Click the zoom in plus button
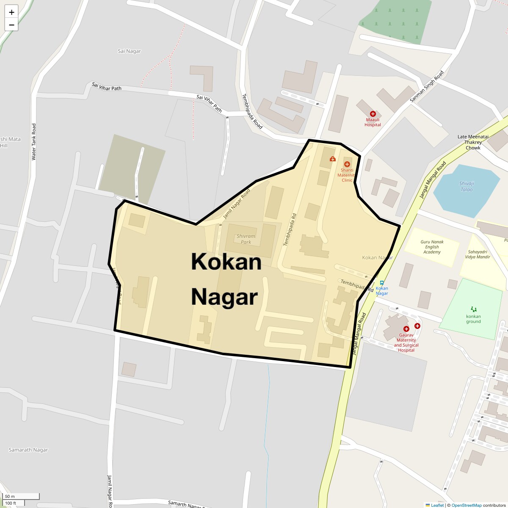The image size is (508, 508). tap(11, 12)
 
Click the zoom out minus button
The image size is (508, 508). tap(11, 25)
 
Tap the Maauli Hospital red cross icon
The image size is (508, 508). tap(373, 114)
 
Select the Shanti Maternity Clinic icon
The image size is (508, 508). tap(347, 164)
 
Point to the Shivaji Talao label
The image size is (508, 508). tap(467, 186)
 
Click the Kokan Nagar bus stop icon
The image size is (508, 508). tap(381, 283)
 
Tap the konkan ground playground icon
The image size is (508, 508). tap(473, 309)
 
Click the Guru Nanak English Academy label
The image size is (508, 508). tap(432, 247)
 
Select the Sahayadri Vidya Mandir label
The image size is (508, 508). tap(477, 254)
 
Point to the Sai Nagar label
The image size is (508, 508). tap(129, 51)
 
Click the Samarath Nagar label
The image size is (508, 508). tap(28, 450)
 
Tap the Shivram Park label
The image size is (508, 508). tap(246, 239)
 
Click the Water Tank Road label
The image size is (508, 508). tap(34, 142)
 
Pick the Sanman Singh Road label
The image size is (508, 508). tap(427, 87)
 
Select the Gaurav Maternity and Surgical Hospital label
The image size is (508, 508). tap(406, 345)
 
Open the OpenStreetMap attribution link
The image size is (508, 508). tap(466, 505)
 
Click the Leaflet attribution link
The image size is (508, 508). tap(437, 505)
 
